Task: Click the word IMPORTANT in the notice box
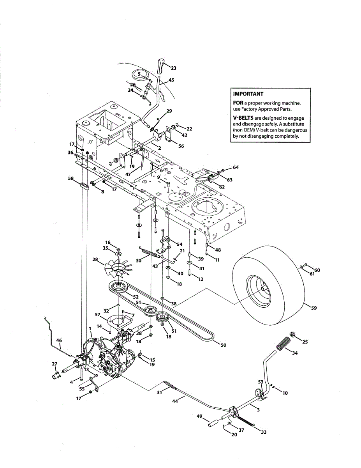coord(248,94)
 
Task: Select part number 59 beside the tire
coord(314,308)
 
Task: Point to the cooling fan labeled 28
coord(118,267)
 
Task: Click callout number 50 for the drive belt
coord(224,345)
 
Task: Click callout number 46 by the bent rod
coord(59,340)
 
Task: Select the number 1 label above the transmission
coord(90,329)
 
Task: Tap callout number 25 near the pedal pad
coord(305,342)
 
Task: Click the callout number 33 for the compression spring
coord(264,432)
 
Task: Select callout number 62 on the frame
coord(222,187)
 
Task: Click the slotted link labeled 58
coord(85,186)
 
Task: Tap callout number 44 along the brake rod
coord(175,401)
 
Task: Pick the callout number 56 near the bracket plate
coord(181,146)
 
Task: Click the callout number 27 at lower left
coord(55,364)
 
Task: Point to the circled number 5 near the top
coord(139,74)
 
